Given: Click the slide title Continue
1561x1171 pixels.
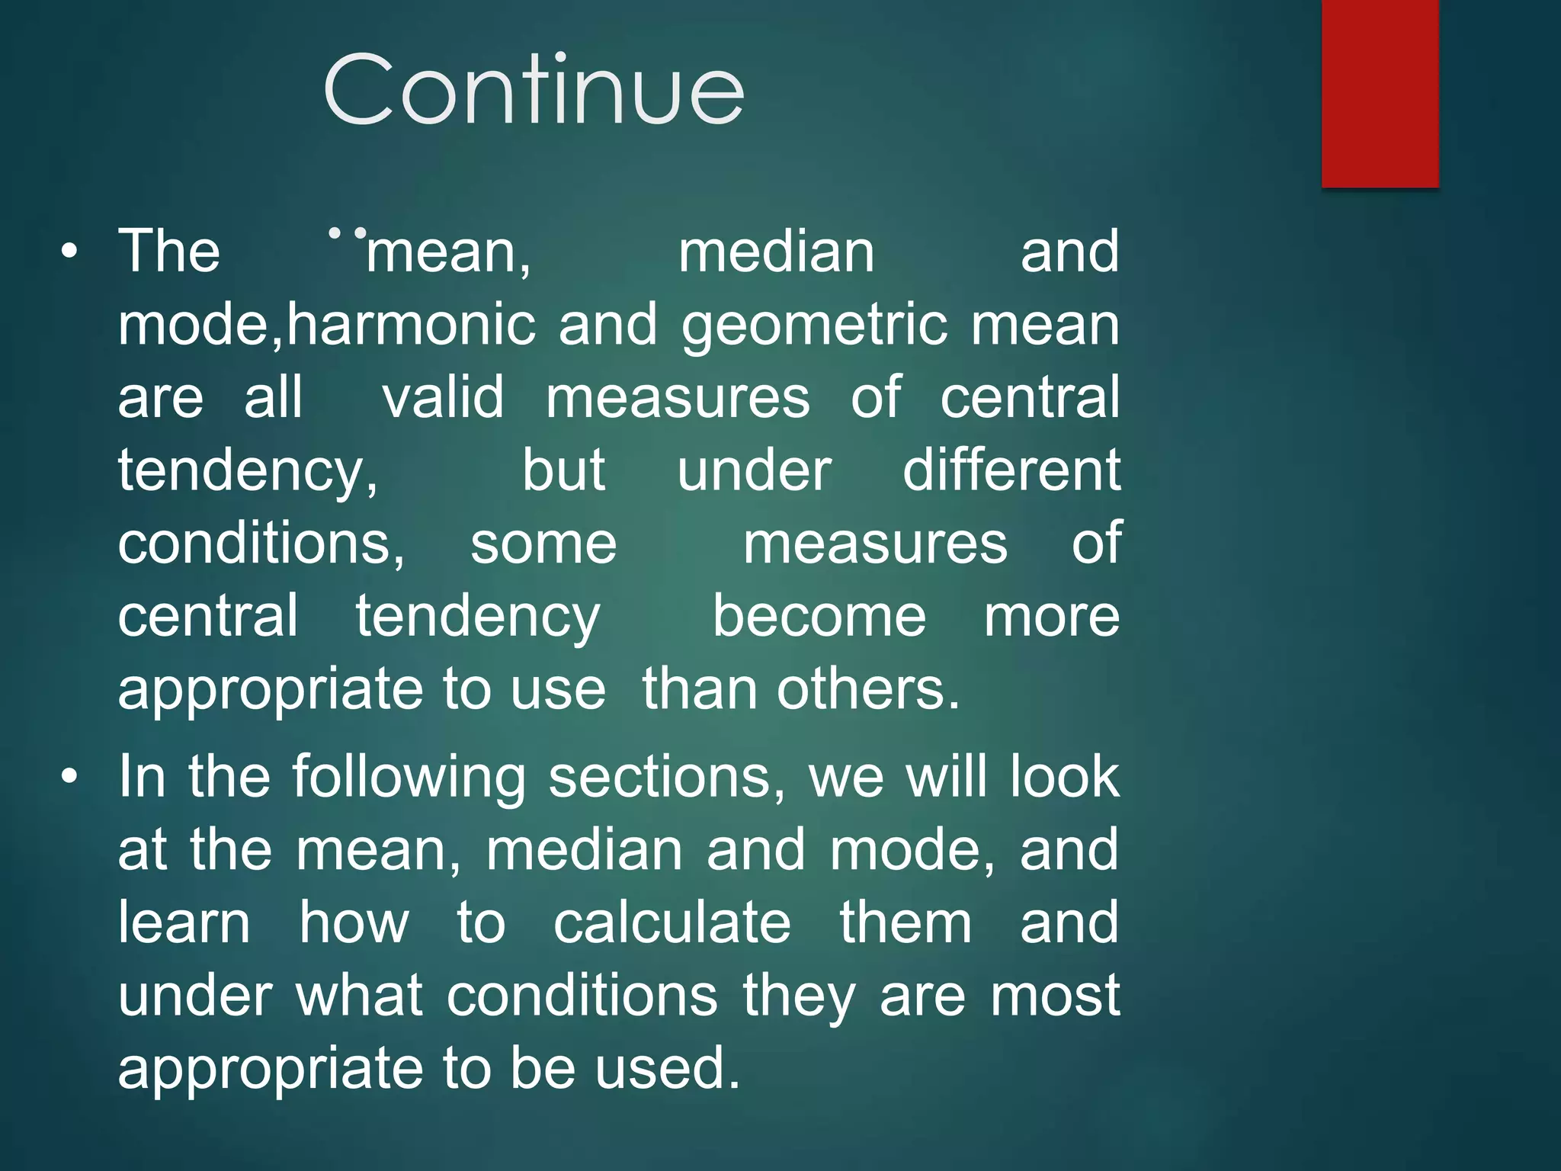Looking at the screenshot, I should coord(534,90).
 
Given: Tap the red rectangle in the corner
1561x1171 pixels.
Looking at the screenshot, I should coord(1380,93).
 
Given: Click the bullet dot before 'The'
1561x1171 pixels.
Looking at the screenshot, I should coord(69,252).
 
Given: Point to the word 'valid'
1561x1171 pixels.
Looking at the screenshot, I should coord(443,397).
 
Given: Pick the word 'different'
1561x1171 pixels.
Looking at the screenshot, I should coord(1011,470).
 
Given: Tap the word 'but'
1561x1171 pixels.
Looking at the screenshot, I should coord(564,470).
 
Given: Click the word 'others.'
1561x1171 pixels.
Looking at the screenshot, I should coord(868,689).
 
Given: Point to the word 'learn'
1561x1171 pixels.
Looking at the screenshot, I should coord(184,923).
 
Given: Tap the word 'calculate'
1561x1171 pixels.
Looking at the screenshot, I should coord(672,923).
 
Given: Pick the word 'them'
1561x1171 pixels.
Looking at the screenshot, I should coord(906,923).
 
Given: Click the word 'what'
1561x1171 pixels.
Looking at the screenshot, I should coord(359,996).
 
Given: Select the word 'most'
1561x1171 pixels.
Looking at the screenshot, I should coord(1055,996).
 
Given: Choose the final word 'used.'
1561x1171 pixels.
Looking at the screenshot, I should coord(668,1068).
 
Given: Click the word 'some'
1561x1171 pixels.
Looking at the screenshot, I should coord(543,544).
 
